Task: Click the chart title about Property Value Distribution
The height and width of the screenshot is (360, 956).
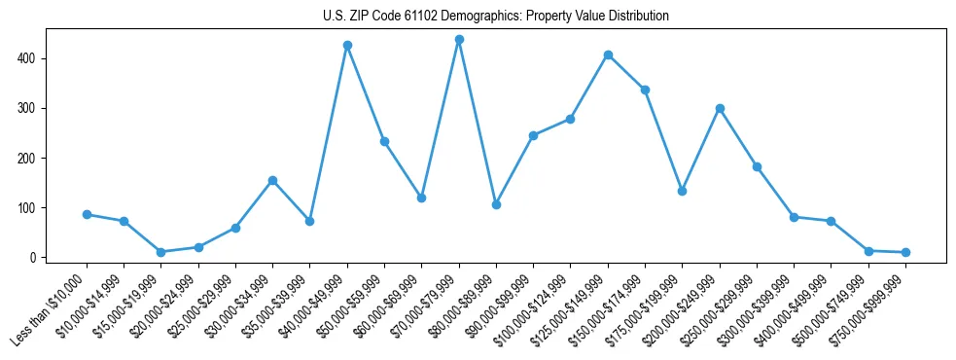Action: click(495, 16)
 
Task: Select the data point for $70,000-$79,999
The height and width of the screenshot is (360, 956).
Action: click(459, 40)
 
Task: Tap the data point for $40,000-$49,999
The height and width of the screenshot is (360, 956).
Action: click(347, 46)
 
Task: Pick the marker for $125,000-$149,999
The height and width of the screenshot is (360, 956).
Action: click(608, 55)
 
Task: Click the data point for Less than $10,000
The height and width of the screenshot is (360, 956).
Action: click(87, 214)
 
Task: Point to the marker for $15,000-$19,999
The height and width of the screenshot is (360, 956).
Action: click(161, 252)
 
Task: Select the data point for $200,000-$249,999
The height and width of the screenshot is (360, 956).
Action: click(720, 108)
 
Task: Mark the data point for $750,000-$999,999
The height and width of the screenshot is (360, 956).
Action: click(905, 252)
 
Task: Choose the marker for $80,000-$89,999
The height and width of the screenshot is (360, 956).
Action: click(496, 204)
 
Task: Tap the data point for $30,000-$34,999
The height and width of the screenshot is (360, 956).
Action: click(272, 180)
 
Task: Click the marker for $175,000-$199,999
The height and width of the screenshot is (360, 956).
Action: click(683, 191)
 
